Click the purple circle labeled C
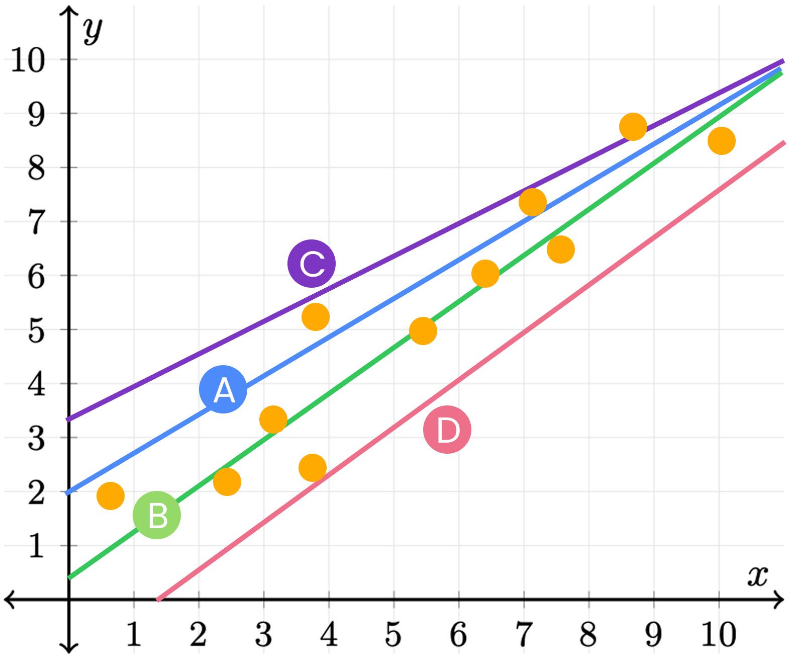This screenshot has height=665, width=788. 312,264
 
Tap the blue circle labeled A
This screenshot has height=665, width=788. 223,389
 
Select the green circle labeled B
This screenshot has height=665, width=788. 157,515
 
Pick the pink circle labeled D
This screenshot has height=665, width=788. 447,430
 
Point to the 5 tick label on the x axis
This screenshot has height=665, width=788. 393,635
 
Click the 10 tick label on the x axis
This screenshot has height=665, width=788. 719,635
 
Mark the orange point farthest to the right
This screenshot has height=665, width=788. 721,141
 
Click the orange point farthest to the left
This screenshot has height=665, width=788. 111,496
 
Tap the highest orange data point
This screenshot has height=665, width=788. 633,127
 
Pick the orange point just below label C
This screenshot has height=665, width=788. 316,317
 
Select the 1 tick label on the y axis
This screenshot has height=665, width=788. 36,546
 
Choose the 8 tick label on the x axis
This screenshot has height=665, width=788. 588,635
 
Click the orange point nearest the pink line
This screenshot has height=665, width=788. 313,468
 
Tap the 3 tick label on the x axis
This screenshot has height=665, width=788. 263,635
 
